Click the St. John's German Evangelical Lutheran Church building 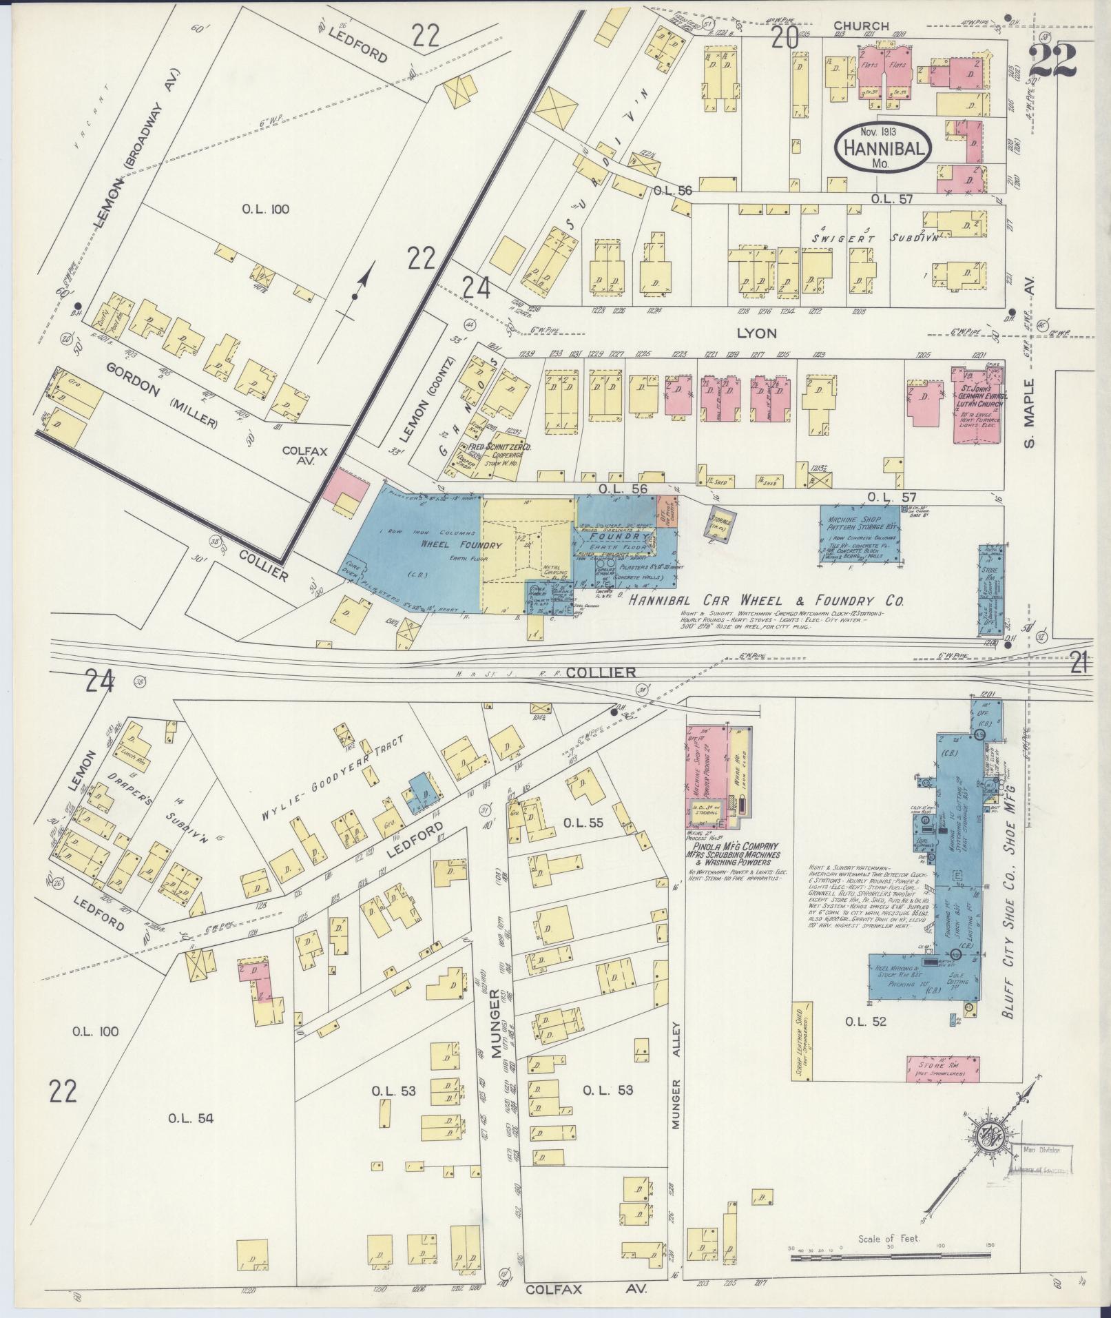pyautogui.click(x=977, y=406)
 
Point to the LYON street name pyautogui.click(x=756, y=333)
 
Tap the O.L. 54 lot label pyautogui.click(x=191, y=1118)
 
